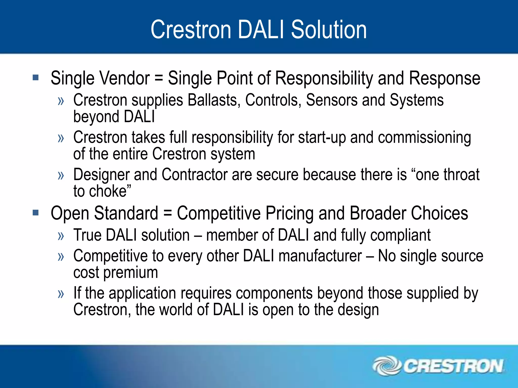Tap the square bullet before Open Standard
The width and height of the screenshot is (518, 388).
[36, 213]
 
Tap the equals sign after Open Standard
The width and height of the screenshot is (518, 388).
[167, 213]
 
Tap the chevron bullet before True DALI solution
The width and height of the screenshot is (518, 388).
[61, 236]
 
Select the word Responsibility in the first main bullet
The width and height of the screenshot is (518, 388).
[324, 78]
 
